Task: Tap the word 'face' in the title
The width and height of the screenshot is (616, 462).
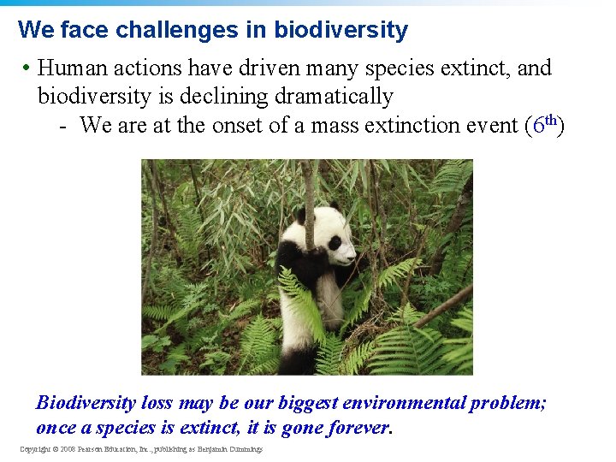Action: pos(82,30)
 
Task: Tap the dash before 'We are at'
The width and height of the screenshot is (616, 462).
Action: pos(63,126)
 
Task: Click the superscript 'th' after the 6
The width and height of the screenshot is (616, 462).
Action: pos(552,121)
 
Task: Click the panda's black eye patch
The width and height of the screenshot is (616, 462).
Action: pos(335,242)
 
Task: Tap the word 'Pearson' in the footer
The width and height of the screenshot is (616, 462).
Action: pos(93,449)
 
